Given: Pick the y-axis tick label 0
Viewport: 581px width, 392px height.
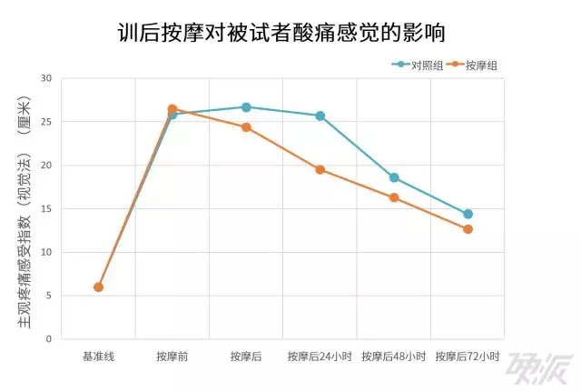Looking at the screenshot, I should [x=49, y=339].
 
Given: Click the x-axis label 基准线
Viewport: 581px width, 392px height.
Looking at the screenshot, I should [x=98, y=357].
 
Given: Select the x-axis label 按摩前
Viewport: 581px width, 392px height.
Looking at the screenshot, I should [x=172, y=357].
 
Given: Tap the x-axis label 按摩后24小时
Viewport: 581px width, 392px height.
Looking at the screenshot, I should [x=320, y=357].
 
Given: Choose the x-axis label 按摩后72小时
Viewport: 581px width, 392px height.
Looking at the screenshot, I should [x=468, y=357].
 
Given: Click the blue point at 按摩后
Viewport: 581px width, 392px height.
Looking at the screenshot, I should [x=246, y=107].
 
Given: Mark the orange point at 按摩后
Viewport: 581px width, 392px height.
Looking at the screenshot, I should [x=246, y=127].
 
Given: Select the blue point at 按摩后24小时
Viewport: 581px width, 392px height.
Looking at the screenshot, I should [x=320, y=116].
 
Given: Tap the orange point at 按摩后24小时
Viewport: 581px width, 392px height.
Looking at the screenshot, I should [x=320, y=169].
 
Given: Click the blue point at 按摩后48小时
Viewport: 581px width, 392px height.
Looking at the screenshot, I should [x=394, y=177].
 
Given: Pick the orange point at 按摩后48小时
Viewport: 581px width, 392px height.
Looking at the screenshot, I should [x=394, y=197].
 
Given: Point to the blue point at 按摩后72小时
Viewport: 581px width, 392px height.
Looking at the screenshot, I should [x=468, y=214].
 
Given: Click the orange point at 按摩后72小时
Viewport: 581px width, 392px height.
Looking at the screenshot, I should [x=468, y=229].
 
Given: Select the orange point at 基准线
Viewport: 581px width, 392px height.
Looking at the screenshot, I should [x=98, y=286].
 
